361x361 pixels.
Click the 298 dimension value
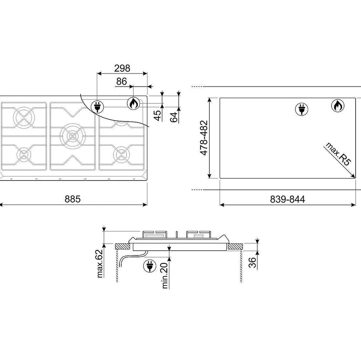click(122, 68)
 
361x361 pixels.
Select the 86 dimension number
click(122, 81)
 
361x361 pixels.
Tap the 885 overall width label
click(73, 199)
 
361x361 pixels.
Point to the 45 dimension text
click(158, 116)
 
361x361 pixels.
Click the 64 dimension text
click(174, 117)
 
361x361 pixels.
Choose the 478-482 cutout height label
click(204, 138)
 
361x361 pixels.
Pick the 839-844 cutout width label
click(287, 199)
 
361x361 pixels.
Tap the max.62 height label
click(99, 263)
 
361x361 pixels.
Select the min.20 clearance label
click(165, 276)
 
